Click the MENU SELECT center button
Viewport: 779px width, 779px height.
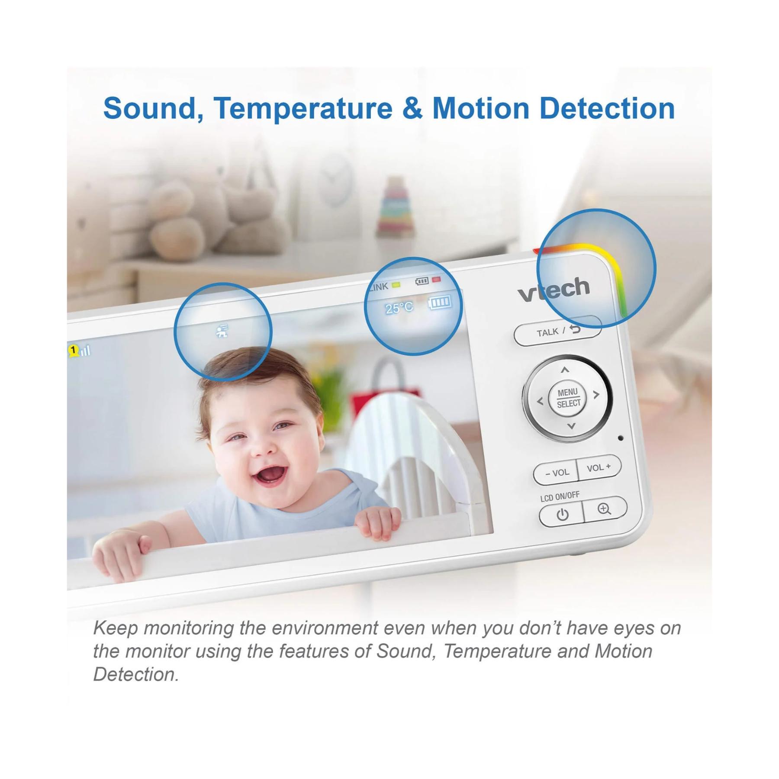point(568,398)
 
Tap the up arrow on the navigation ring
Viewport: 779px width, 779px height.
point(565,370)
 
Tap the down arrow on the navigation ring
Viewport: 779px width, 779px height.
point(571,426)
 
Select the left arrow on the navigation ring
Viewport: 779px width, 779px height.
point(540,402)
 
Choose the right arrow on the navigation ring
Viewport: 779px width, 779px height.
point(596,395)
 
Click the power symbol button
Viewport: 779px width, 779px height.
point(562,515)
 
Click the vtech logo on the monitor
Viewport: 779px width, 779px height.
point(554,290)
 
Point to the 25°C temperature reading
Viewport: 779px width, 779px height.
point(399,308)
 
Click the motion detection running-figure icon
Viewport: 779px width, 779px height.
point(222,331)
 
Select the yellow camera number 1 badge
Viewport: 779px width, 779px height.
point(74,350)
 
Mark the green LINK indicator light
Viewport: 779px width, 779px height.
point(396,285)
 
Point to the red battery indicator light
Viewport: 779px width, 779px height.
point(436,280)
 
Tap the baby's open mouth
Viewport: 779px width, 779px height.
point(268,473)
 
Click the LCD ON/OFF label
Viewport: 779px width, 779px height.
point(560,496)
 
